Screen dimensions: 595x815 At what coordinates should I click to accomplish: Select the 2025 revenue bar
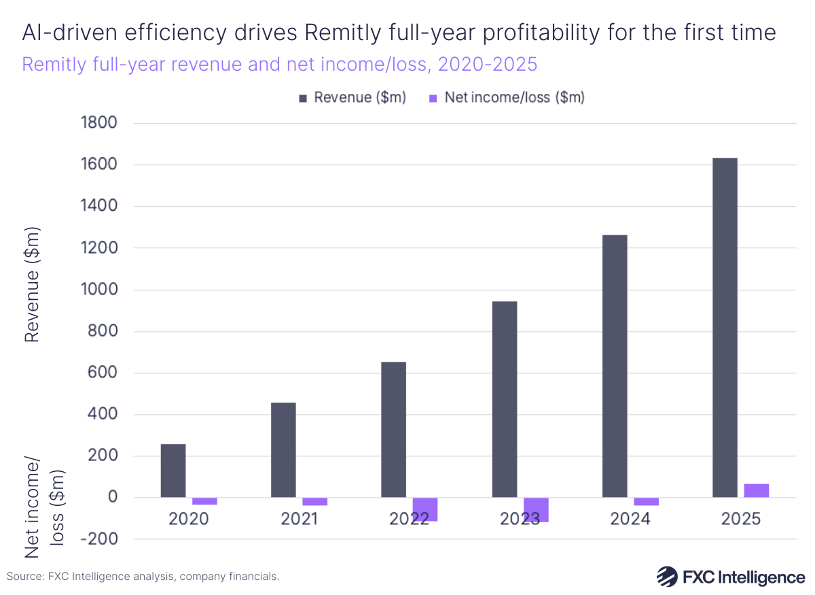(725, 326)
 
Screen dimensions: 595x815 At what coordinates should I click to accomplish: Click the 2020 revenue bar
(173, 471)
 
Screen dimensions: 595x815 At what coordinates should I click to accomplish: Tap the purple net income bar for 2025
(756, 490)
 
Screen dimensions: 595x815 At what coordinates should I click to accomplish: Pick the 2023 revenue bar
(505, 399)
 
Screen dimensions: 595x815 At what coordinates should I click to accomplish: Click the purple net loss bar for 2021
(314, 502)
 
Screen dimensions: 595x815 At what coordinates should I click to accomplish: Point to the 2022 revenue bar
(393, 430)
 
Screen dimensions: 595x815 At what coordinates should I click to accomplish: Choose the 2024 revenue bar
(615, 366)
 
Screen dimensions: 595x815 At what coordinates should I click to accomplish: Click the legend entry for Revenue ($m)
(352, 97)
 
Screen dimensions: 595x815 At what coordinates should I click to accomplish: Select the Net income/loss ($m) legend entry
(507, 97)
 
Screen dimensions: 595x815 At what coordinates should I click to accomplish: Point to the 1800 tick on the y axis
(98, 123)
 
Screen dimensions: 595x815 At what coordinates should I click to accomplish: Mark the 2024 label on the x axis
(630, 519)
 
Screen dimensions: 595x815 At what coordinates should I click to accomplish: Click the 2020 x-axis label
(188, 519)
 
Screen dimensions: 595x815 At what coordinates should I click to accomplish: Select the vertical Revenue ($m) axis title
(32, 286)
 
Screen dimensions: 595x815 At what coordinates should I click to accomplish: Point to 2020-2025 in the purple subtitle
(487, 65)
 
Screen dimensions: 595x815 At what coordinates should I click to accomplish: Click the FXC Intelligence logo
(731, 577)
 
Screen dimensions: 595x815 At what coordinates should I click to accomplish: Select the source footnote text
(143, 576)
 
